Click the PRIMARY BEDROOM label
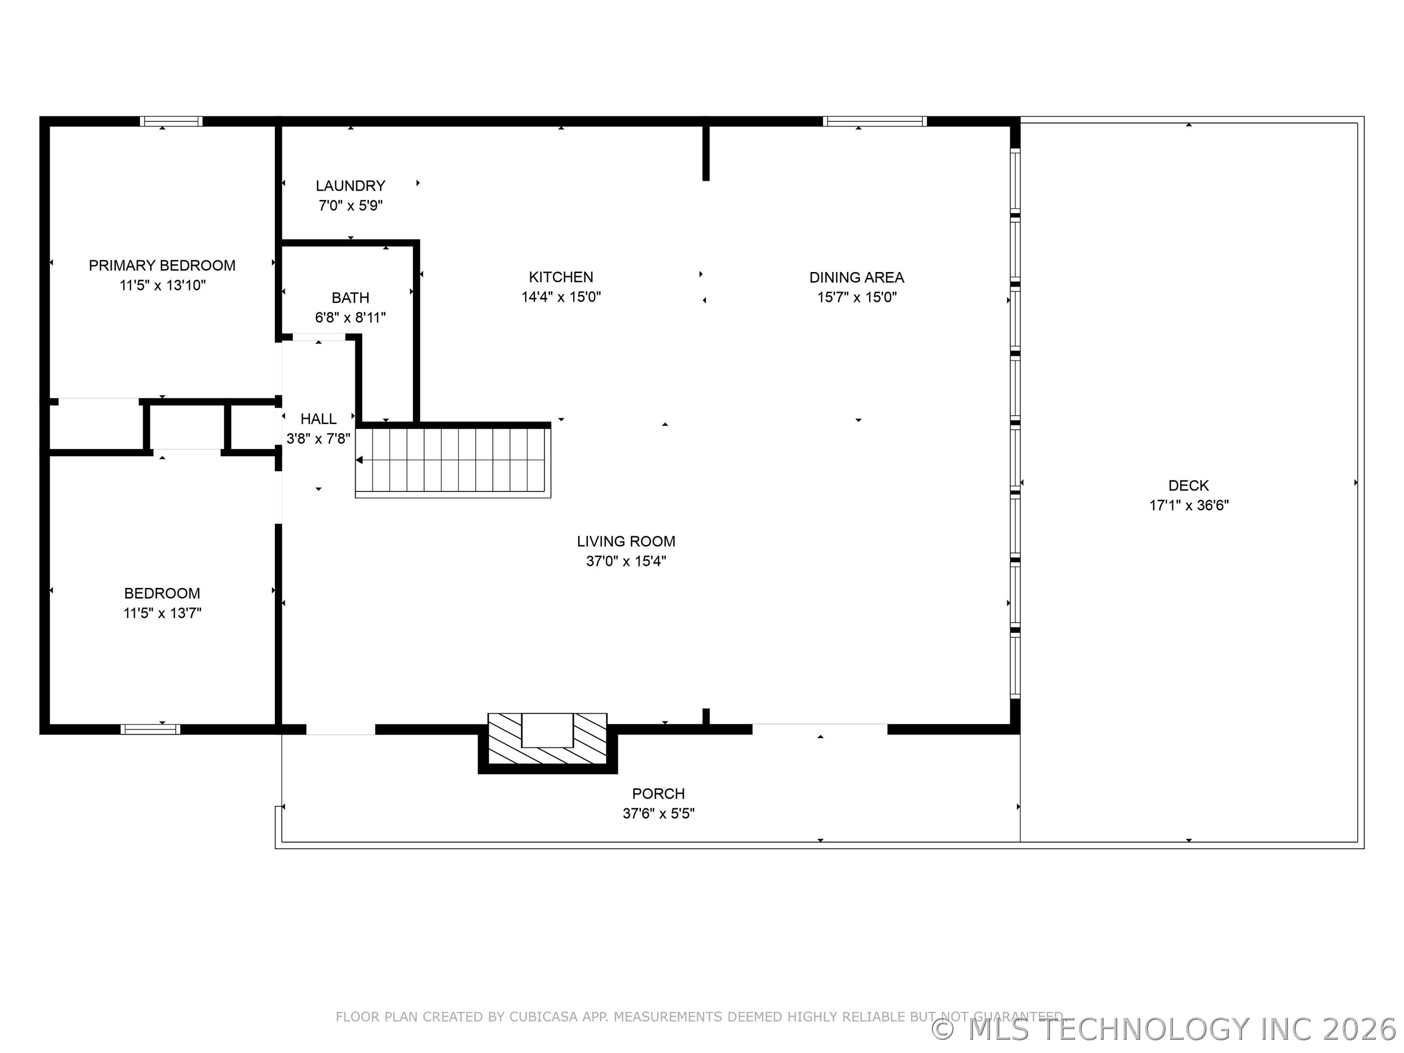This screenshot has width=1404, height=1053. point(162,265)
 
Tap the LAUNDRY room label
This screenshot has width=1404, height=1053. point(351,186)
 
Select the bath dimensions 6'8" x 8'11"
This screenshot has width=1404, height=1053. point(351,317)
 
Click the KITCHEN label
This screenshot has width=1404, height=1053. point(561,277)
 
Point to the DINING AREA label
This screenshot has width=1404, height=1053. point(856,277)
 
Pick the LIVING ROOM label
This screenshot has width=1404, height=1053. point(626,542)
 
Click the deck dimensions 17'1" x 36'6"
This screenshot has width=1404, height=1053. point(1189,505)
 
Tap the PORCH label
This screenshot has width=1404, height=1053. point(658,793)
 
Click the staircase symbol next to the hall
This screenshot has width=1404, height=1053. point(452,461)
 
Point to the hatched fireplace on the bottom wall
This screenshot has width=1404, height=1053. point(547,740)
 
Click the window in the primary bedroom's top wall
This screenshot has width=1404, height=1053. point(172,121)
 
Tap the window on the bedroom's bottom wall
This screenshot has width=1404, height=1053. point(151,729)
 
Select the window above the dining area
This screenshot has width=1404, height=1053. point(875,121)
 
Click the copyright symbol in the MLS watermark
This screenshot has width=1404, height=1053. point(943,1029)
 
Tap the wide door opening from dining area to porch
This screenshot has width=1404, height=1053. point(819,729)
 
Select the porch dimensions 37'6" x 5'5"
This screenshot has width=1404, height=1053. point(658,814)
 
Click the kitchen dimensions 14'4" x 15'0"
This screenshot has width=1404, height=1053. point(561,297)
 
